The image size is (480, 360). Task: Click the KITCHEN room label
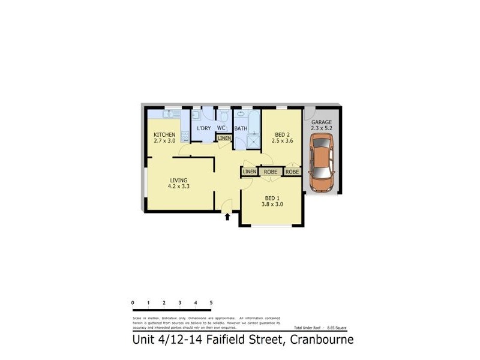[x=164, y=134]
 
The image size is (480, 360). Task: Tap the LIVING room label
[x=178, y=180]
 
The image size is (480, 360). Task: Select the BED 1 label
[x=272, y=197]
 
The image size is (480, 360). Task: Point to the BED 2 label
[x=283, y=134]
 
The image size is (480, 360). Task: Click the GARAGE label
[x=321, y=122]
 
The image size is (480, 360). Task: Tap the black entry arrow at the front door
[x=227, y=216]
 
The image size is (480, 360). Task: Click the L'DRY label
[x=204, y=128]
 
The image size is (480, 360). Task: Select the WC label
[x=221, y=128]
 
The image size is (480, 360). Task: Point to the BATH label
[x=241, y=128]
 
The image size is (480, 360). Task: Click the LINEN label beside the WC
[x=224, y=139]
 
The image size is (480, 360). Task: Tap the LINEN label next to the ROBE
[x=250, y=172]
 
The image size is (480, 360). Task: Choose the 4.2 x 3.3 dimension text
[x=178, y=187]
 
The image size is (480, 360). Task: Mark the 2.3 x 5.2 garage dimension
[x=321, y=128]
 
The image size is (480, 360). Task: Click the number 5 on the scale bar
[x=211, y=302]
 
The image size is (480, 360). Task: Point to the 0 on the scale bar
[x=132, y=302]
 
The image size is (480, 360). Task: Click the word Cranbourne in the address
[x=322, y=340]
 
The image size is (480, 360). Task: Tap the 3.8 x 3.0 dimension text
[x=272, y=204]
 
